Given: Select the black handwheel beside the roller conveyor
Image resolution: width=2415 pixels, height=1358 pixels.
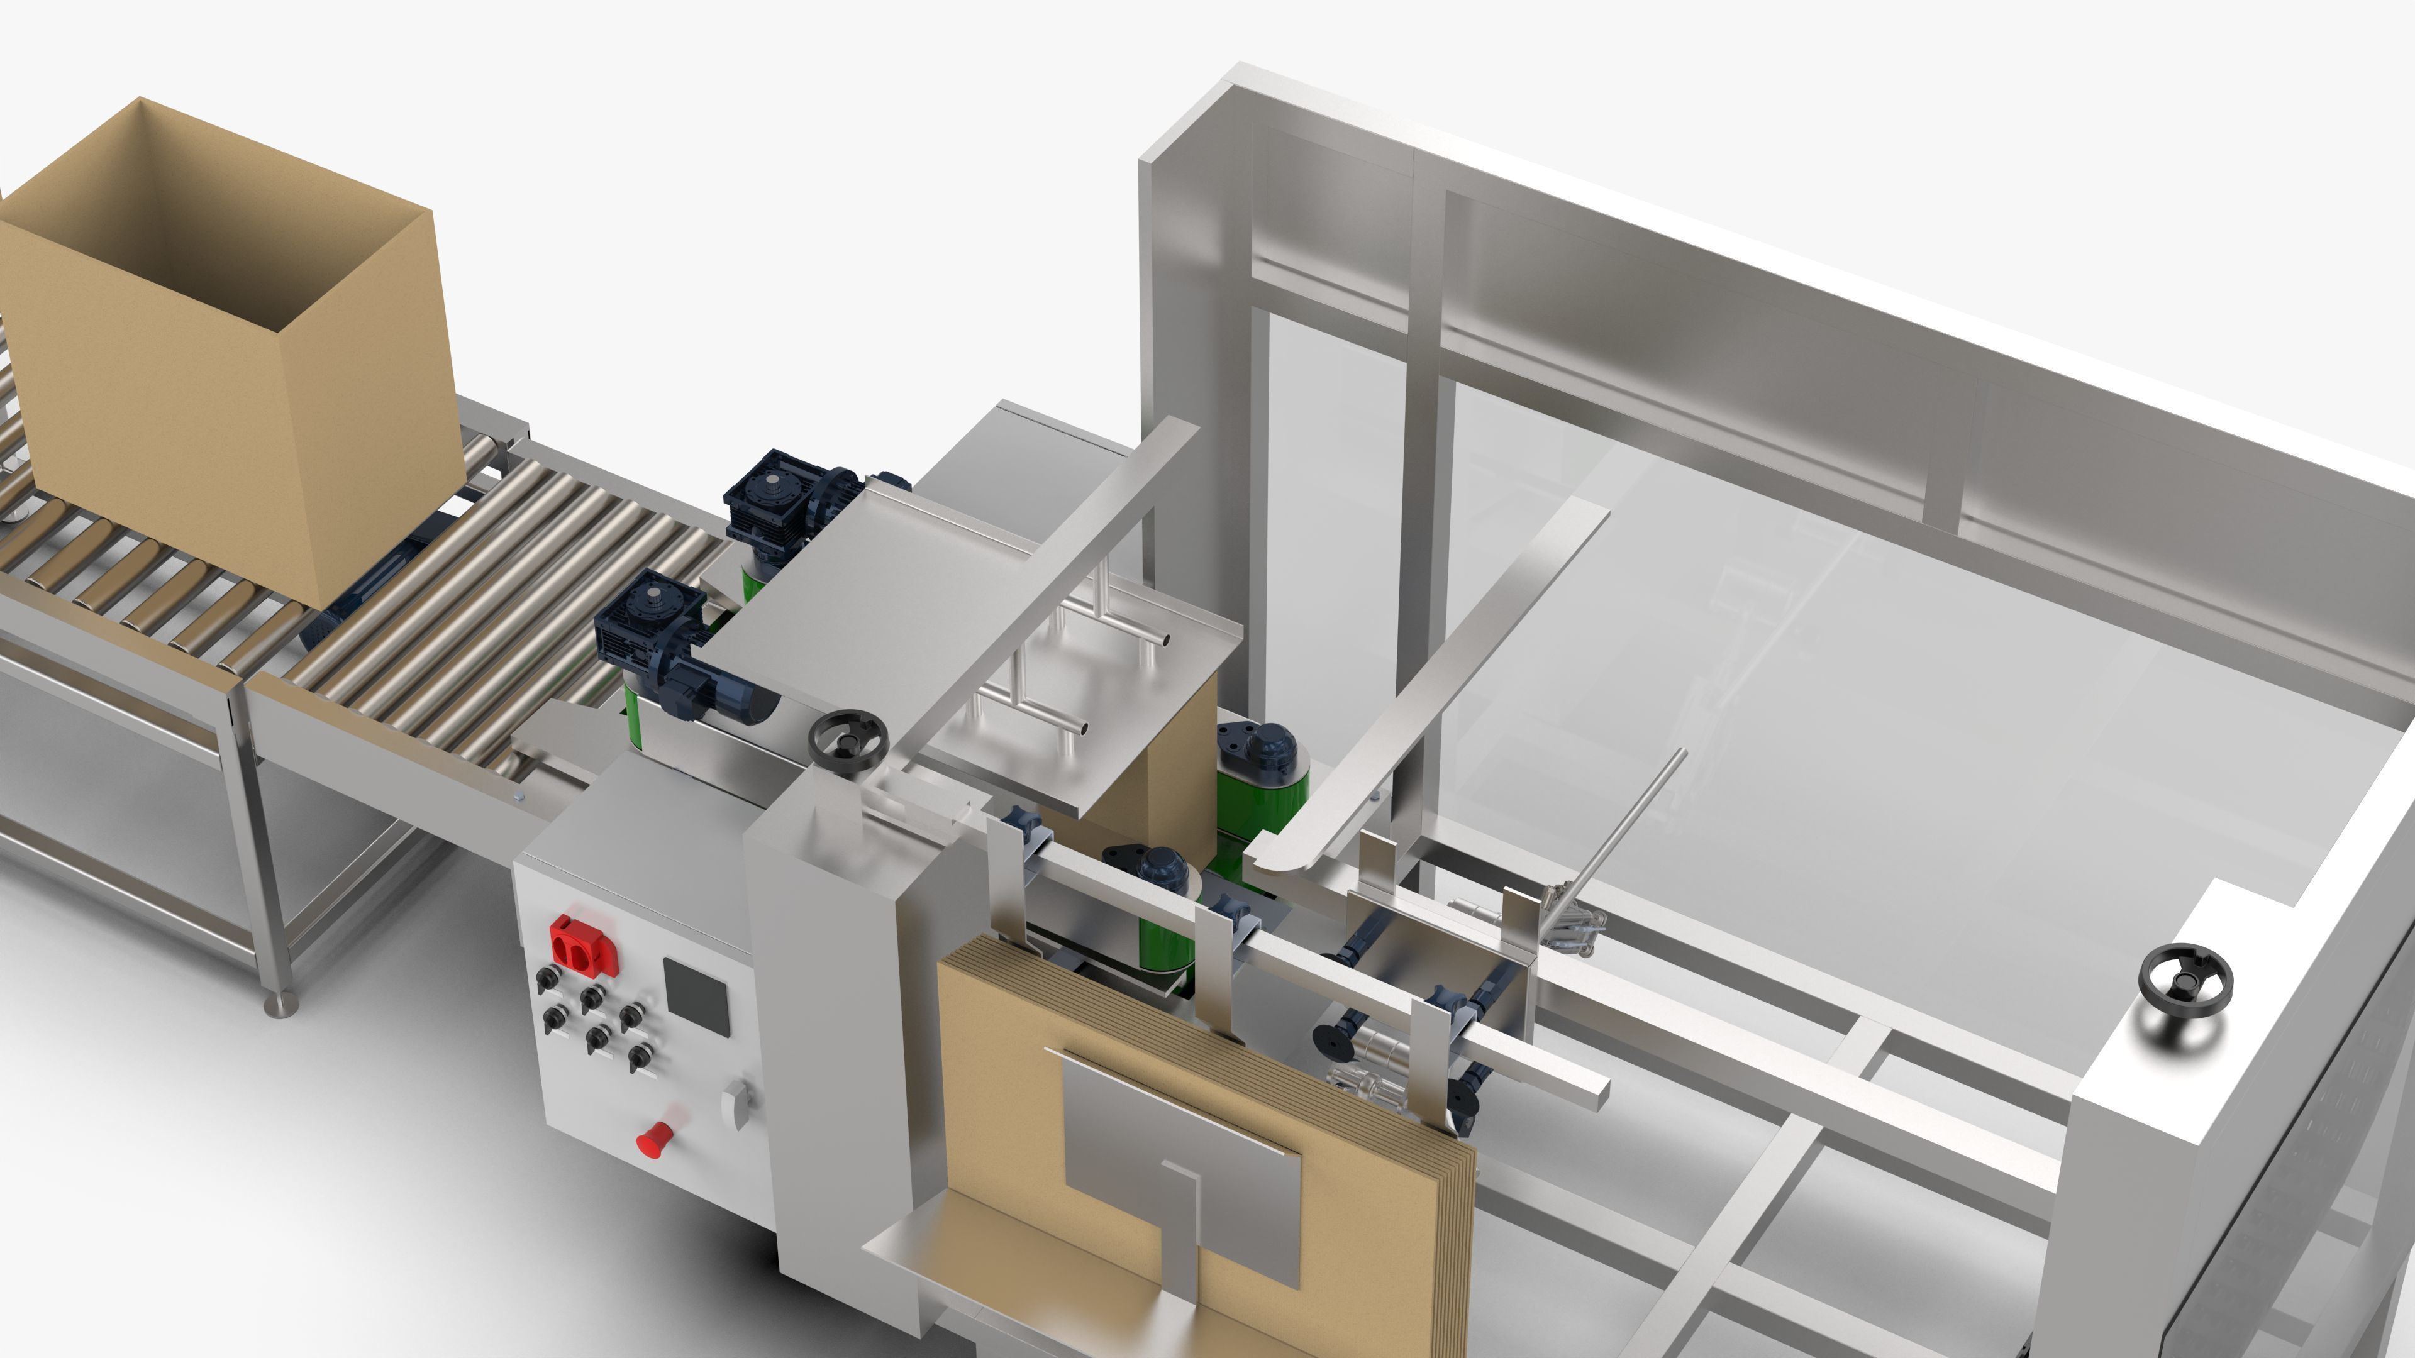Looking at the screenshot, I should (848, 741).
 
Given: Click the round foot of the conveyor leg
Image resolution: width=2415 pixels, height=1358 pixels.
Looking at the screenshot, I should (280, 1007).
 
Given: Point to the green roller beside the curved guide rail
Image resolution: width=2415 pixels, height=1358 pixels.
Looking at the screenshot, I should (1261, 787).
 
